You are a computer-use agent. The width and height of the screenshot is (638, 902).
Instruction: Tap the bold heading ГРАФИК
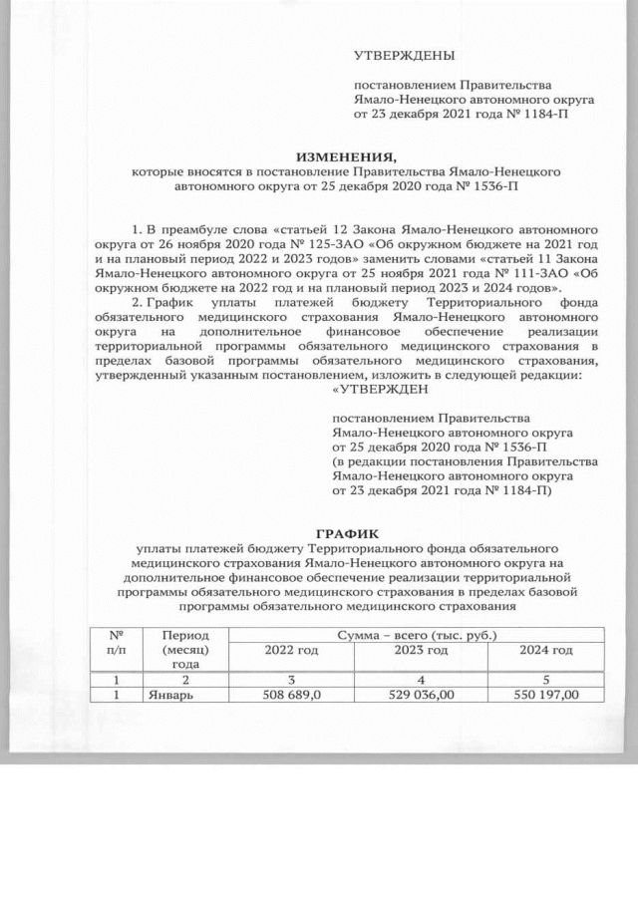tap(348, 534)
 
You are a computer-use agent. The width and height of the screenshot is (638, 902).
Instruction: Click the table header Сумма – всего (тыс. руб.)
tap(416, 634)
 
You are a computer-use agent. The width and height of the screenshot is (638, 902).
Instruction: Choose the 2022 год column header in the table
tap(290, 650)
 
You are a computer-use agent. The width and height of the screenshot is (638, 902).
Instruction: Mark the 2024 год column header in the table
tap(546, 650)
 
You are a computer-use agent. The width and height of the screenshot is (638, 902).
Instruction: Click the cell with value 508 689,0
tap(290, 694)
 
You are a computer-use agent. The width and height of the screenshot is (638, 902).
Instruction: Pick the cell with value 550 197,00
tap(546, 694)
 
